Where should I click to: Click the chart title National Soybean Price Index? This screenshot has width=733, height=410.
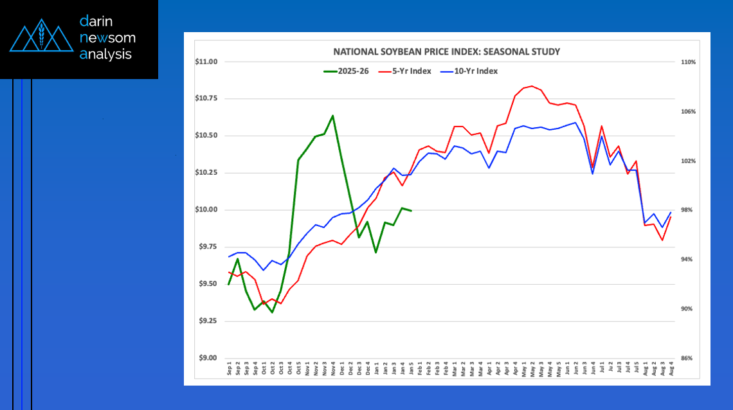point(446,51)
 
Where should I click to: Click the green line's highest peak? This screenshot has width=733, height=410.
point(332,116)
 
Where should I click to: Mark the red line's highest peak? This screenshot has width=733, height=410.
point(532,85)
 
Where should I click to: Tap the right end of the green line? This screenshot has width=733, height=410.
point(411,211)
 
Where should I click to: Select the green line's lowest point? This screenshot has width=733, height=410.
point(273,312)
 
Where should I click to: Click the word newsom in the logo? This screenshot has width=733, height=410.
point(107,37)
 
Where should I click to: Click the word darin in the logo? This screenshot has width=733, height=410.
point(96,21)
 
